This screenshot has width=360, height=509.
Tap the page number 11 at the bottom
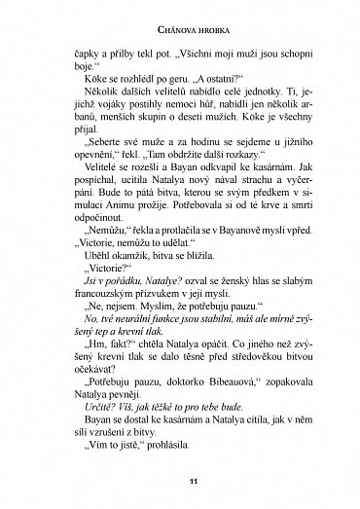click(x=180, y=480)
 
